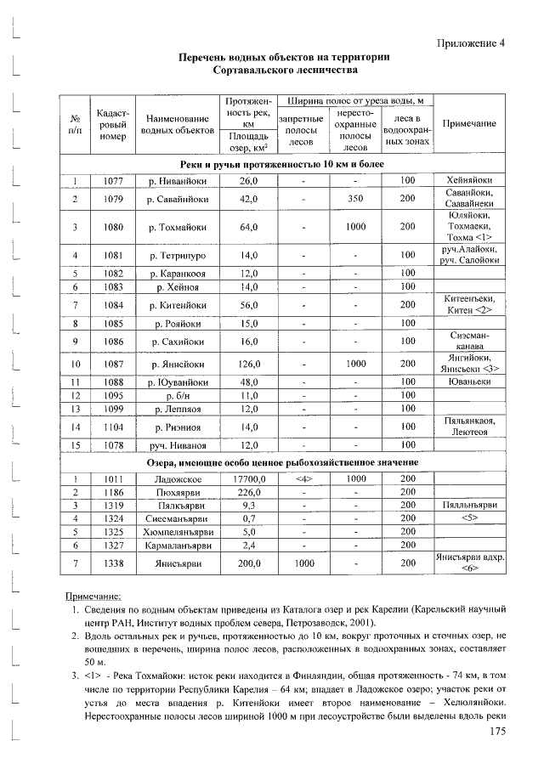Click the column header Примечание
tap(470, 123)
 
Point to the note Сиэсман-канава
tap(470, 342)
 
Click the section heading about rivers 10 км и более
tap(282, 162)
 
